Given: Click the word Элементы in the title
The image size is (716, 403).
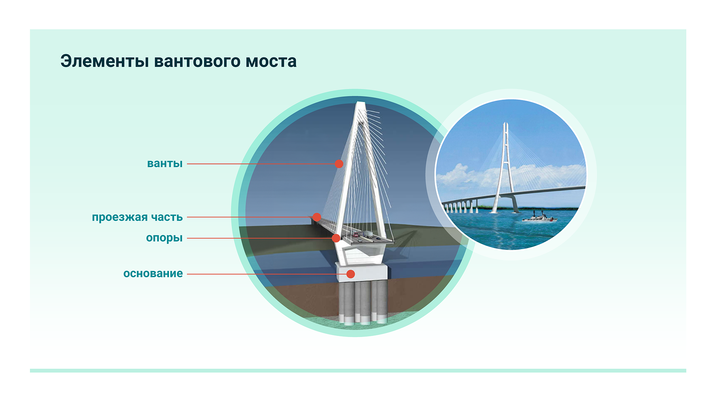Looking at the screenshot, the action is (x=105, y=61).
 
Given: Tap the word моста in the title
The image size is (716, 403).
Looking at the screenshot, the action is (x=271, y=62).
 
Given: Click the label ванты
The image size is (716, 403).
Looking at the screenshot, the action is (x=165, y=164).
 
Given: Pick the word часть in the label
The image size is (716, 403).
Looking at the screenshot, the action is (x=167, y=217).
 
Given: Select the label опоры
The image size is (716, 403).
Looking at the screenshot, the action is (x=164, y=238).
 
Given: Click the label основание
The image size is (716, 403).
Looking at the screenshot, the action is (x=153, y=274).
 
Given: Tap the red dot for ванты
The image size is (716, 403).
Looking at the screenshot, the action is (x=339, y=164).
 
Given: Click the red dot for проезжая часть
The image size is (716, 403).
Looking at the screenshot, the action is (x=316, y=217).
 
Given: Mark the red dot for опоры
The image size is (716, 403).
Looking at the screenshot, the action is (x=336, y=238).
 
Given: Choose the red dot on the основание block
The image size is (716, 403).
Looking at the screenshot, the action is (x=351, y=274).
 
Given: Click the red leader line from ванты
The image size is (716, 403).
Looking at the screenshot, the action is (x=261, y=164).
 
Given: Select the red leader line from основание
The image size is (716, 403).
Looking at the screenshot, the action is (x=267, y=274).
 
